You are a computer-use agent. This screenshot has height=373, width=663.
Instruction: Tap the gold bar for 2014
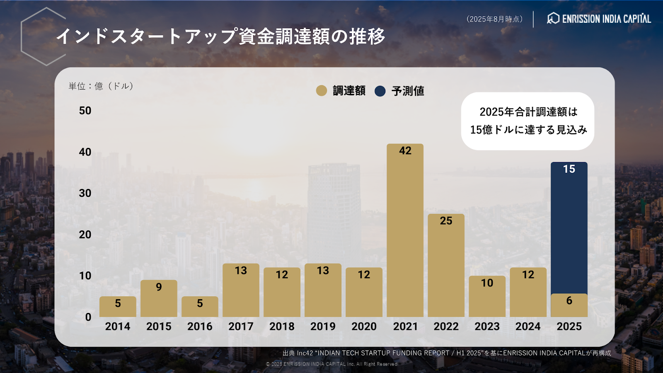118,307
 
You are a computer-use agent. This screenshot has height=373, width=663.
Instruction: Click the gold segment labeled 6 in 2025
569,305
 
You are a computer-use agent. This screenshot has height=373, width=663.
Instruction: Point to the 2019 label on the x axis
323,327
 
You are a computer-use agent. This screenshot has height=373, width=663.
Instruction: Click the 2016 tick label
200,327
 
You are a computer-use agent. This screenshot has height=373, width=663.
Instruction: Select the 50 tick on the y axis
85,111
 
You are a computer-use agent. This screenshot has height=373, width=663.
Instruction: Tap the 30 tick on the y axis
85,193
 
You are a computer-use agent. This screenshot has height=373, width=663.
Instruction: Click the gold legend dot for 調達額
322,91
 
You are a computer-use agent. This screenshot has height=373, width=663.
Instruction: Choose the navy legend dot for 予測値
380,91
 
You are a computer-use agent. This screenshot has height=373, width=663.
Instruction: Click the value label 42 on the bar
405,151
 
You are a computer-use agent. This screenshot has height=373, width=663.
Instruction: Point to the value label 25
446,221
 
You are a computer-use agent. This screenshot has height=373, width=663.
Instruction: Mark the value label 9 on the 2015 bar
159,287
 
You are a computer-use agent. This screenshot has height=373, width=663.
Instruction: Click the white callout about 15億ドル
528,121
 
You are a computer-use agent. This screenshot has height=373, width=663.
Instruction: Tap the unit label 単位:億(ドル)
101,86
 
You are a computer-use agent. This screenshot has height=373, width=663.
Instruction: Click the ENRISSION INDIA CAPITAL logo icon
553,18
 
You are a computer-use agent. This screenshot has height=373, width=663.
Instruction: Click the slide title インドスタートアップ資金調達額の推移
220,36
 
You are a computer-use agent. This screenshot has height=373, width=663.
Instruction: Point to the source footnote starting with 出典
447,353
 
